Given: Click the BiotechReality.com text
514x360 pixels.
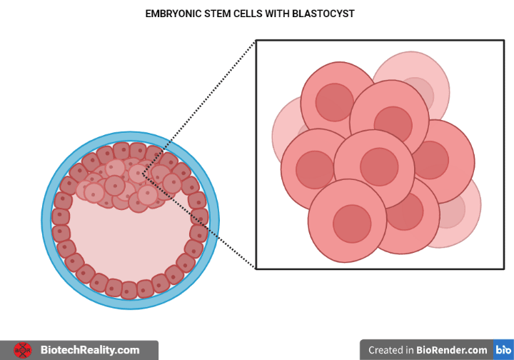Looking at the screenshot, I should pyautogui.click(x=90, y=350).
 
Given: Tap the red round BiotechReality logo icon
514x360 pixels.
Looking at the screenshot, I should pyautogui.click(x=23, y=350).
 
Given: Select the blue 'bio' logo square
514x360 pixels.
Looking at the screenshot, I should pyautogui.click(x=503, y=350).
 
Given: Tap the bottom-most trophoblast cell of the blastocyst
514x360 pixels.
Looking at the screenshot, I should pyautogui.click(x=129, y=290).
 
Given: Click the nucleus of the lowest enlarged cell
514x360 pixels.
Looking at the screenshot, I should pyautogui.click(x=352, y=224).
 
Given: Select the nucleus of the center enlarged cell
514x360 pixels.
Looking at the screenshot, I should pyautogui.click(x=378, y=166).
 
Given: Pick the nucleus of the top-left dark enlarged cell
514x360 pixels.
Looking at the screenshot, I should pyautogui.click(x=334, y=102).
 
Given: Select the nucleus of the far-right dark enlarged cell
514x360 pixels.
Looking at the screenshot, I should pyautogui.click(x=430, y=160).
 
